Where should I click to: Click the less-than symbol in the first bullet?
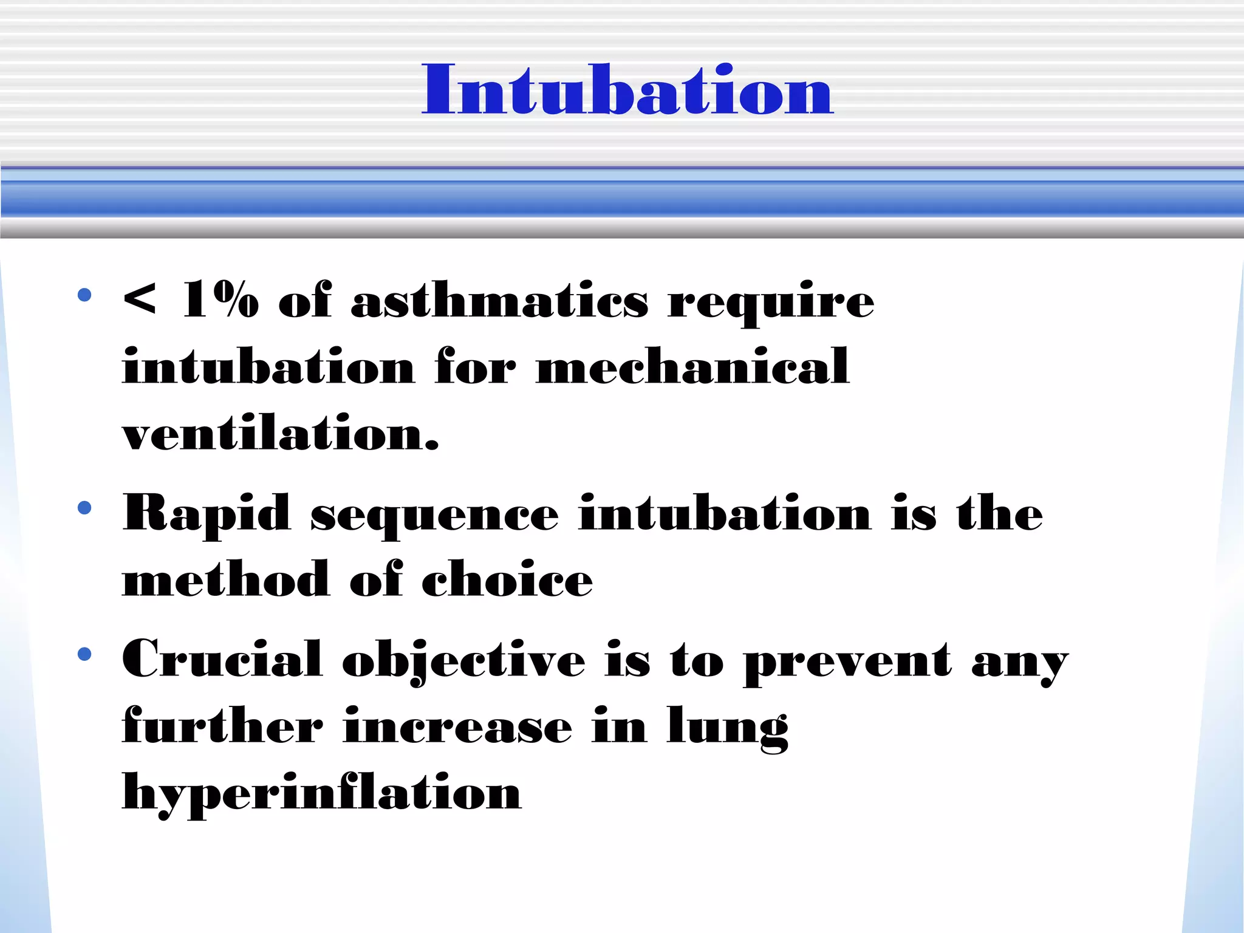(x=139, y=299)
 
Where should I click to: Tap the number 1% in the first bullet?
(x=220, y=299)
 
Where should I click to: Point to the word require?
(x=770, y=302)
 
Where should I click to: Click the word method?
(x=226, y=579)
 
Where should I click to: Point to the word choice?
(x=507, y=579)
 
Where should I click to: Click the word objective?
(x=463, y=661)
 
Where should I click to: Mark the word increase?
(x=457, y=726)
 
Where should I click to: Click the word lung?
(x=727, y=728)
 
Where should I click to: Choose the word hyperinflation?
(x=322, y=793)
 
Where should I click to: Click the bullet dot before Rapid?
(x=84, y=507)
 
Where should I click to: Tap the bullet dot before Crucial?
(x=84, y=654)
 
